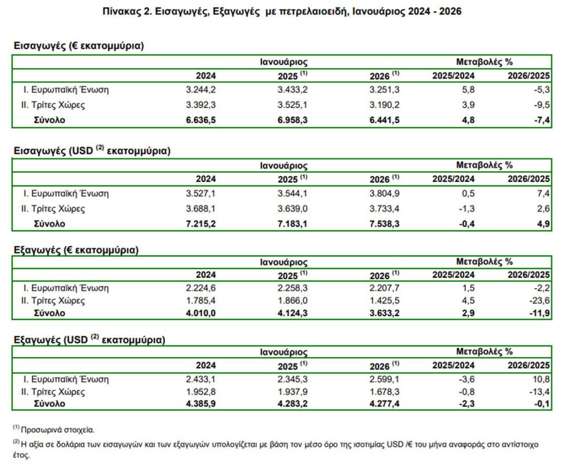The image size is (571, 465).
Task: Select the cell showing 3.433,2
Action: tap(292, 89)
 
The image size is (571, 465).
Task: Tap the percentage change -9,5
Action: tap(541, 105)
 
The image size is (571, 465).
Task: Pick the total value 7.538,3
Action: tap(385, 224)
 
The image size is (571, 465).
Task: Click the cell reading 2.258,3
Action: tap(292, 288)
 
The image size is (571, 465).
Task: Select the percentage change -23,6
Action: tap(539, 301)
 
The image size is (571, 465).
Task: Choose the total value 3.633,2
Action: tap(385, 313)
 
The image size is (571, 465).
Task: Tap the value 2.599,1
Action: tap(385, 379)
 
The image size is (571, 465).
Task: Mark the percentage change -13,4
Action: tap(539, 391)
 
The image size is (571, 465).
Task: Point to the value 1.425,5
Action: tap(385, 301)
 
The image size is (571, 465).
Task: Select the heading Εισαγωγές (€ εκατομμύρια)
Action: tap(79, 46)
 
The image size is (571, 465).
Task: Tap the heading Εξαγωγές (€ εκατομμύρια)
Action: tap(76, 249)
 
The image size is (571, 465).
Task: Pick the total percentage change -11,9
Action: tap(539, 313)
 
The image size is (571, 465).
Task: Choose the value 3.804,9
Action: tap(385, 194)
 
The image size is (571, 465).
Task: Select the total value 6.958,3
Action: tap(292, 120)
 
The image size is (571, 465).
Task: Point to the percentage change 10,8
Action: tap(541, 379)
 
